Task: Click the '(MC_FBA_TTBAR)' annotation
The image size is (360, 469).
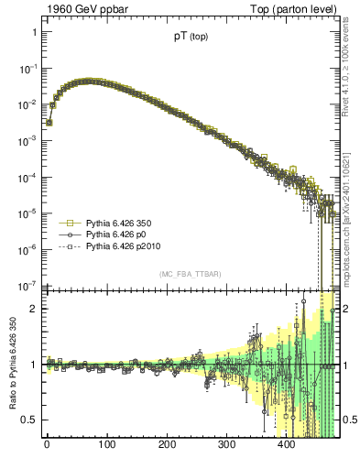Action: (x=190, y=275)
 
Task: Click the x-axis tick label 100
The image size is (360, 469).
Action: (x=106, y=445)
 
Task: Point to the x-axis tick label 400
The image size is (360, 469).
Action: (x=287, y=445)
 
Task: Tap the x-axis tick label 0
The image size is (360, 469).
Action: (x=47, y=445)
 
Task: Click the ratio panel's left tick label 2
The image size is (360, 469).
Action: (x=33, y=309)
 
